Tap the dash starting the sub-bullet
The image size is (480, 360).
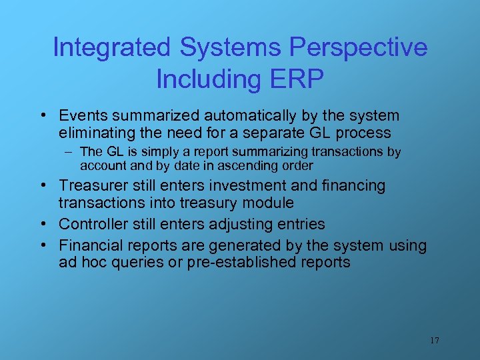pos(70,152)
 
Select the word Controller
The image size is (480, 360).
pos(91,224)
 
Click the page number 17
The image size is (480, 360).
pos(435,341)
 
